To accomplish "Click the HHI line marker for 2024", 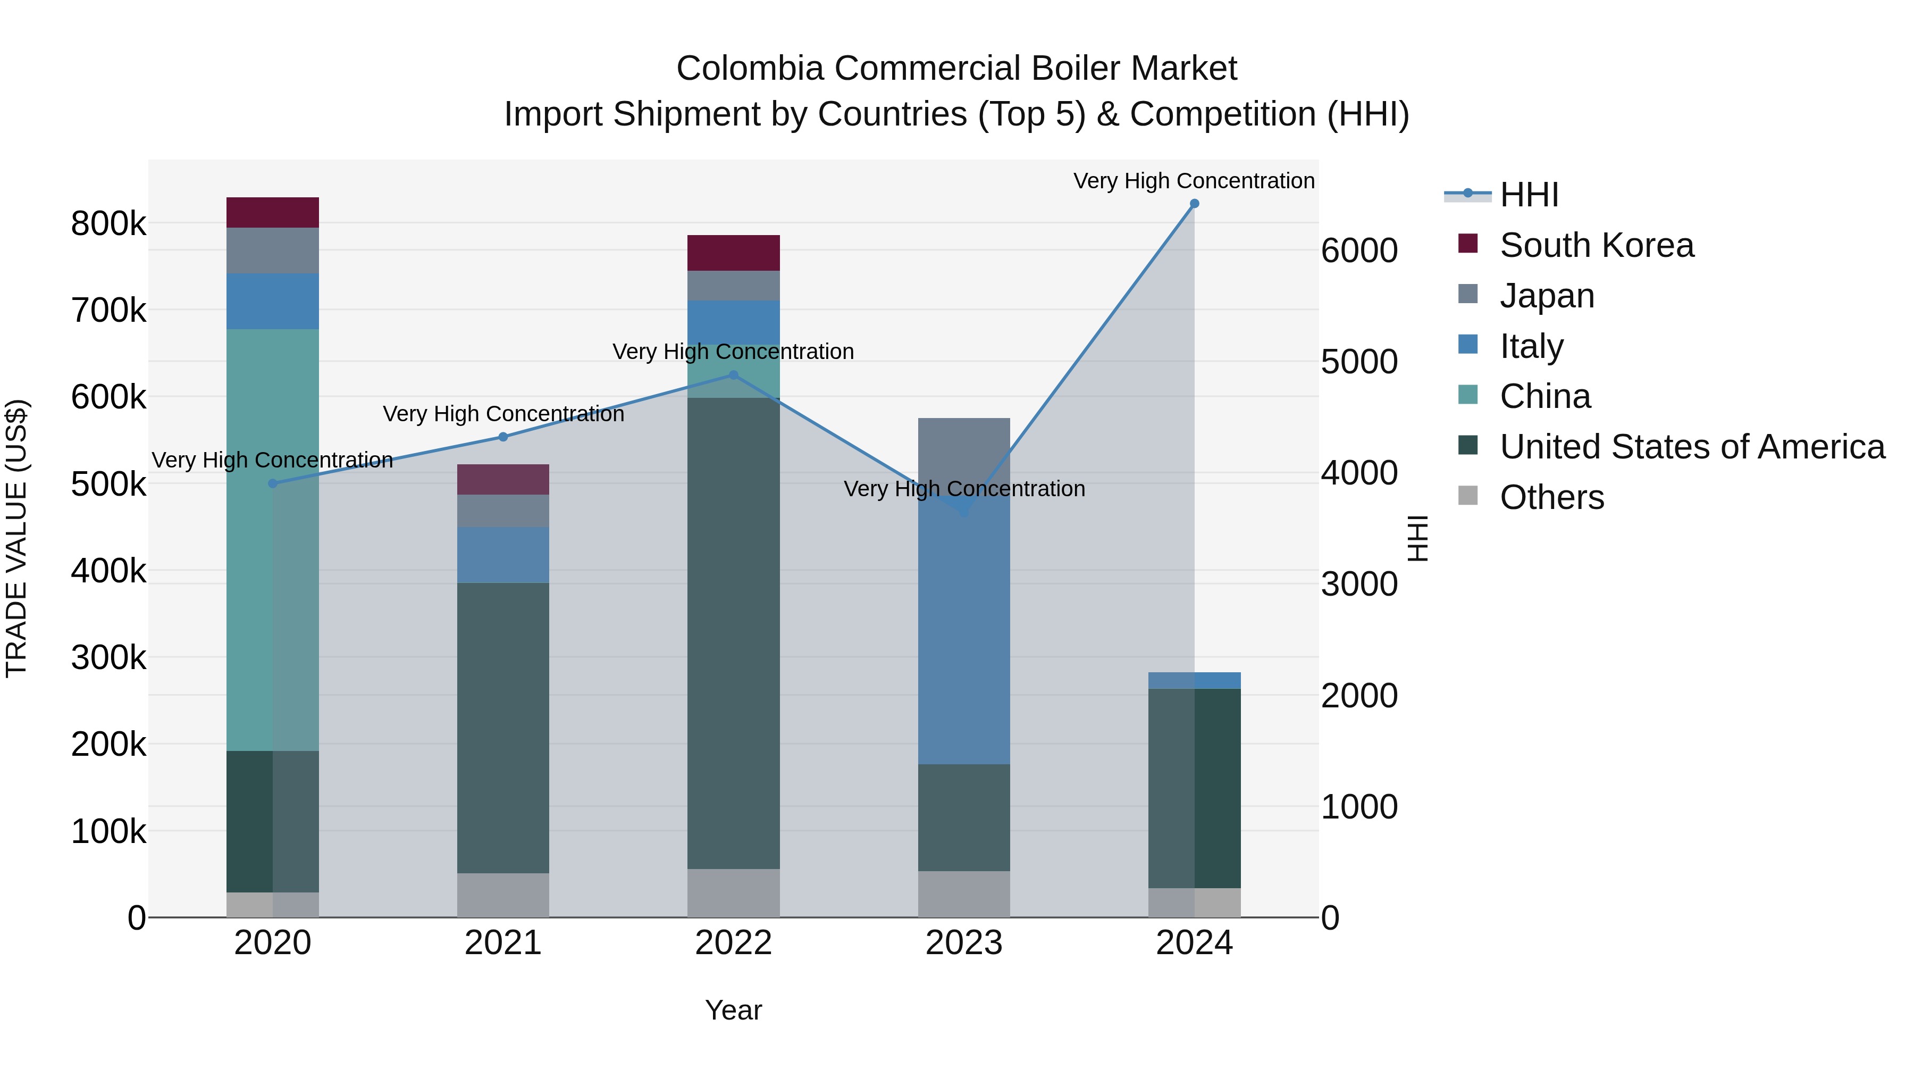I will click(1194, 204).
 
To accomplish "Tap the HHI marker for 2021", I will click(503, 437).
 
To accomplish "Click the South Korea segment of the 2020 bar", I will click(273, 213).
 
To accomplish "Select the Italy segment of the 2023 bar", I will click(964, 632).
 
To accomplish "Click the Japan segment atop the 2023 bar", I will click(964, 455).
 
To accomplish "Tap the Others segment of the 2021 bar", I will click(503, 895).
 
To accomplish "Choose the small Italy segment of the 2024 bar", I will click(1194, 680).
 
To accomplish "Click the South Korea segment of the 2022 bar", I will click(733, 253).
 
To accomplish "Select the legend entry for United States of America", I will click(1692, 447).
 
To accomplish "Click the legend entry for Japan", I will click(1547, 296).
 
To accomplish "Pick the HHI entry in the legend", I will click(1529, 195).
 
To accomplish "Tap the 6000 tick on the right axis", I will click(1359, 251).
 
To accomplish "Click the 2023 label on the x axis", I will click(964, 943).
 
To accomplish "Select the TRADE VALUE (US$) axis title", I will click(16, 538).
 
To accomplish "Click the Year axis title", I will click(733, 1010).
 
